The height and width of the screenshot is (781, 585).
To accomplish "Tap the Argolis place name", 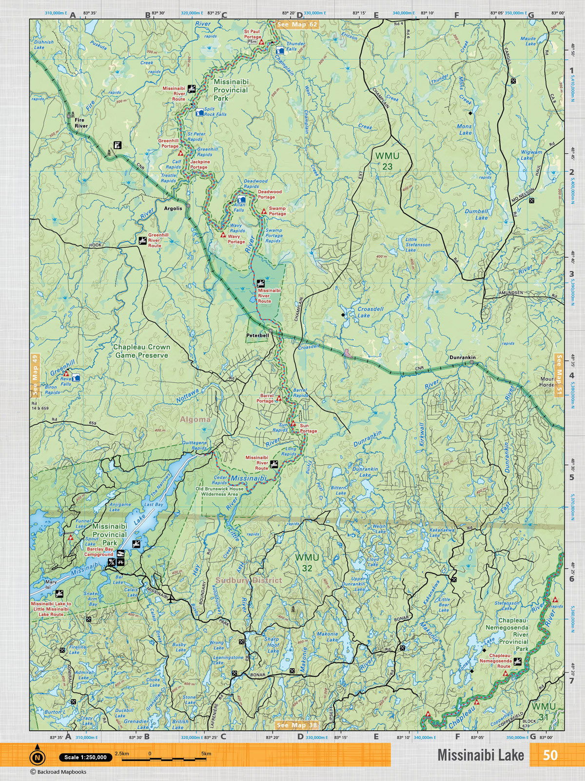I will pyautogui.click(x=173, y=208).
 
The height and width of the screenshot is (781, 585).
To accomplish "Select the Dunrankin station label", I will pyautogui.click(x=462, y=357).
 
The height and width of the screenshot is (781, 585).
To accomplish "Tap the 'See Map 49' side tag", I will pyautogui.click(x=34, y=375).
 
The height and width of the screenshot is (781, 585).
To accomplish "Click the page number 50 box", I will pyautogui.click(x=550, y=755).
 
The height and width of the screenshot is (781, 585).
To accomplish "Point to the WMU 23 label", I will pyautogui.click(x=387, y=161).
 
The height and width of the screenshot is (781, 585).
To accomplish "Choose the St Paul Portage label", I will pyautogui.click(x=252, y=34).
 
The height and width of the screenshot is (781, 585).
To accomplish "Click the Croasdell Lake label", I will pyautogui.click(x=370, y=312).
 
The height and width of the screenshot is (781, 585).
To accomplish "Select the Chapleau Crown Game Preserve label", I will pyautogui.click(x=141, y=351).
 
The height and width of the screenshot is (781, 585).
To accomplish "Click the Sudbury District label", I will pyautogui.click(x=249, y=580).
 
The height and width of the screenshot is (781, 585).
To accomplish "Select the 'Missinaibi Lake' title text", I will pyautogui.click(x=480, y=755).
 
